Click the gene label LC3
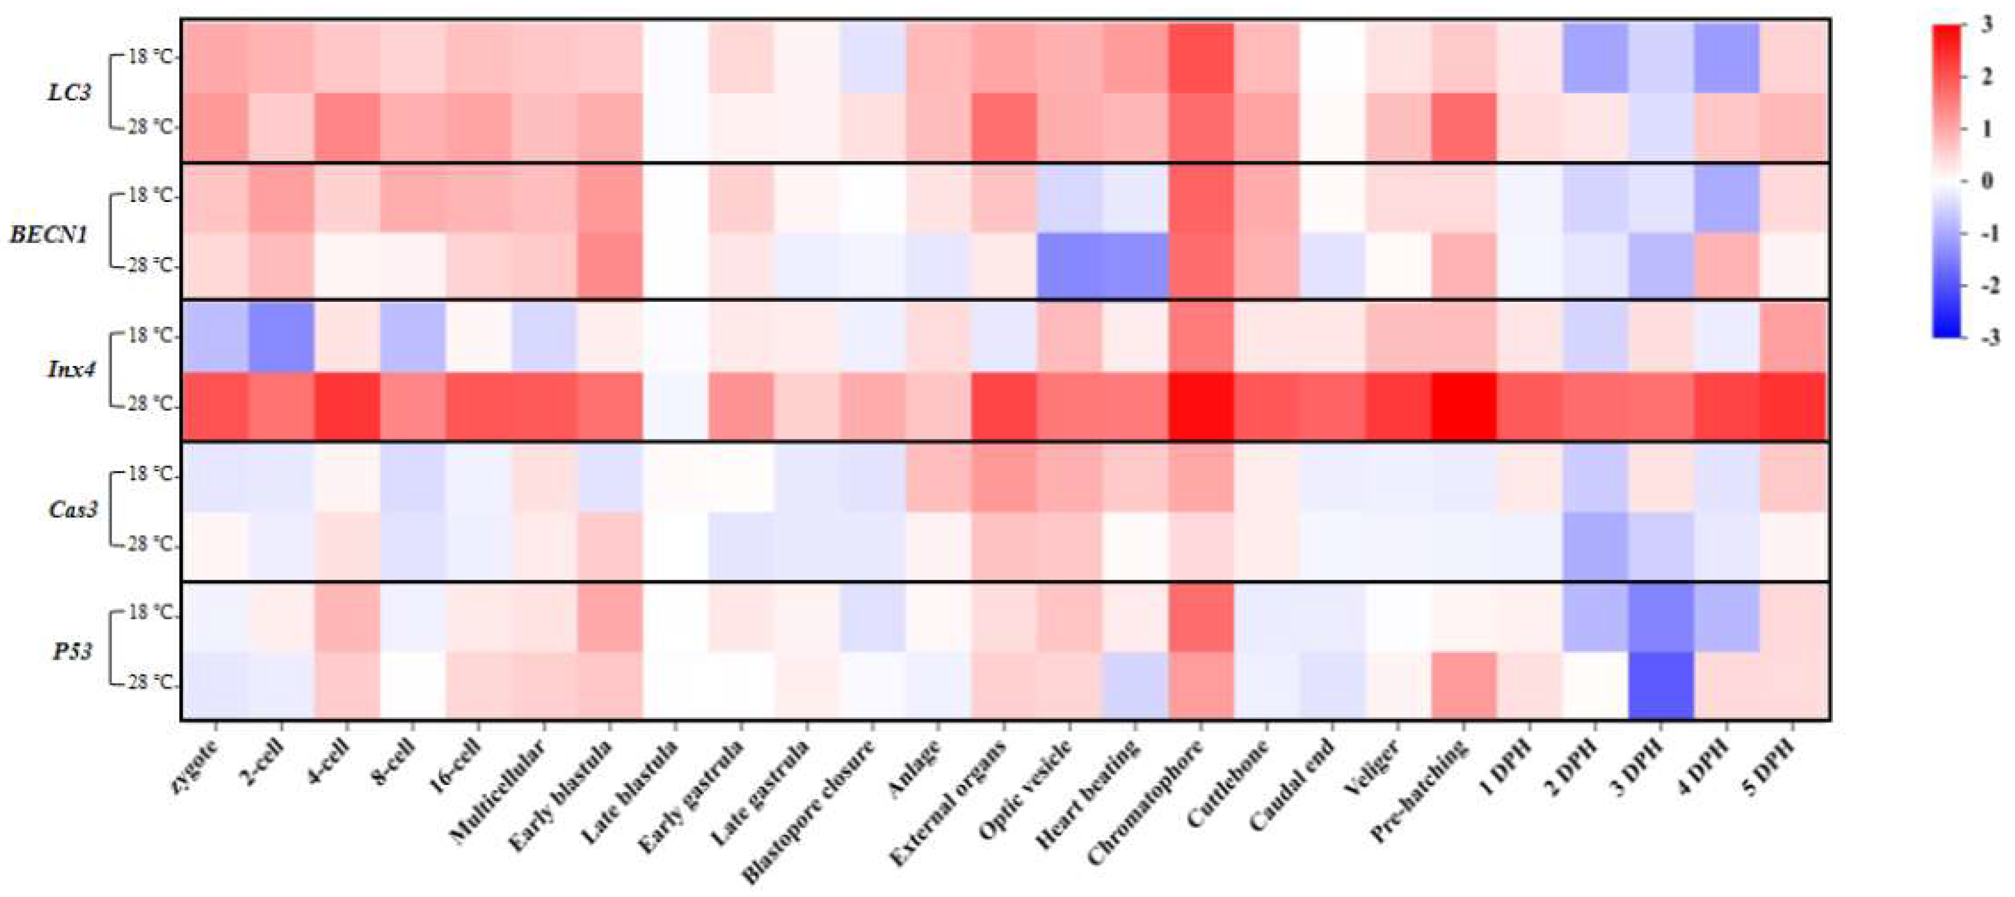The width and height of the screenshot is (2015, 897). click(x=69, y=93)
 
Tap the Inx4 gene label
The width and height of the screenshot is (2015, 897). click(x=71, y=369)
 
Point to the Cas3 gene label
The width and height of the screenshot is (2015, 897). click(x=73, y=509)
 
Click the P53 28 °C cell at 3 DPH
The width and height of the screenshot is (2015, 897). click(x=1662, y=685)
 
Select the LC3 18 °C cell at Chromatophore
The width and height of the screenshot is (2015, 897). click(x=1201, y=58)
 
